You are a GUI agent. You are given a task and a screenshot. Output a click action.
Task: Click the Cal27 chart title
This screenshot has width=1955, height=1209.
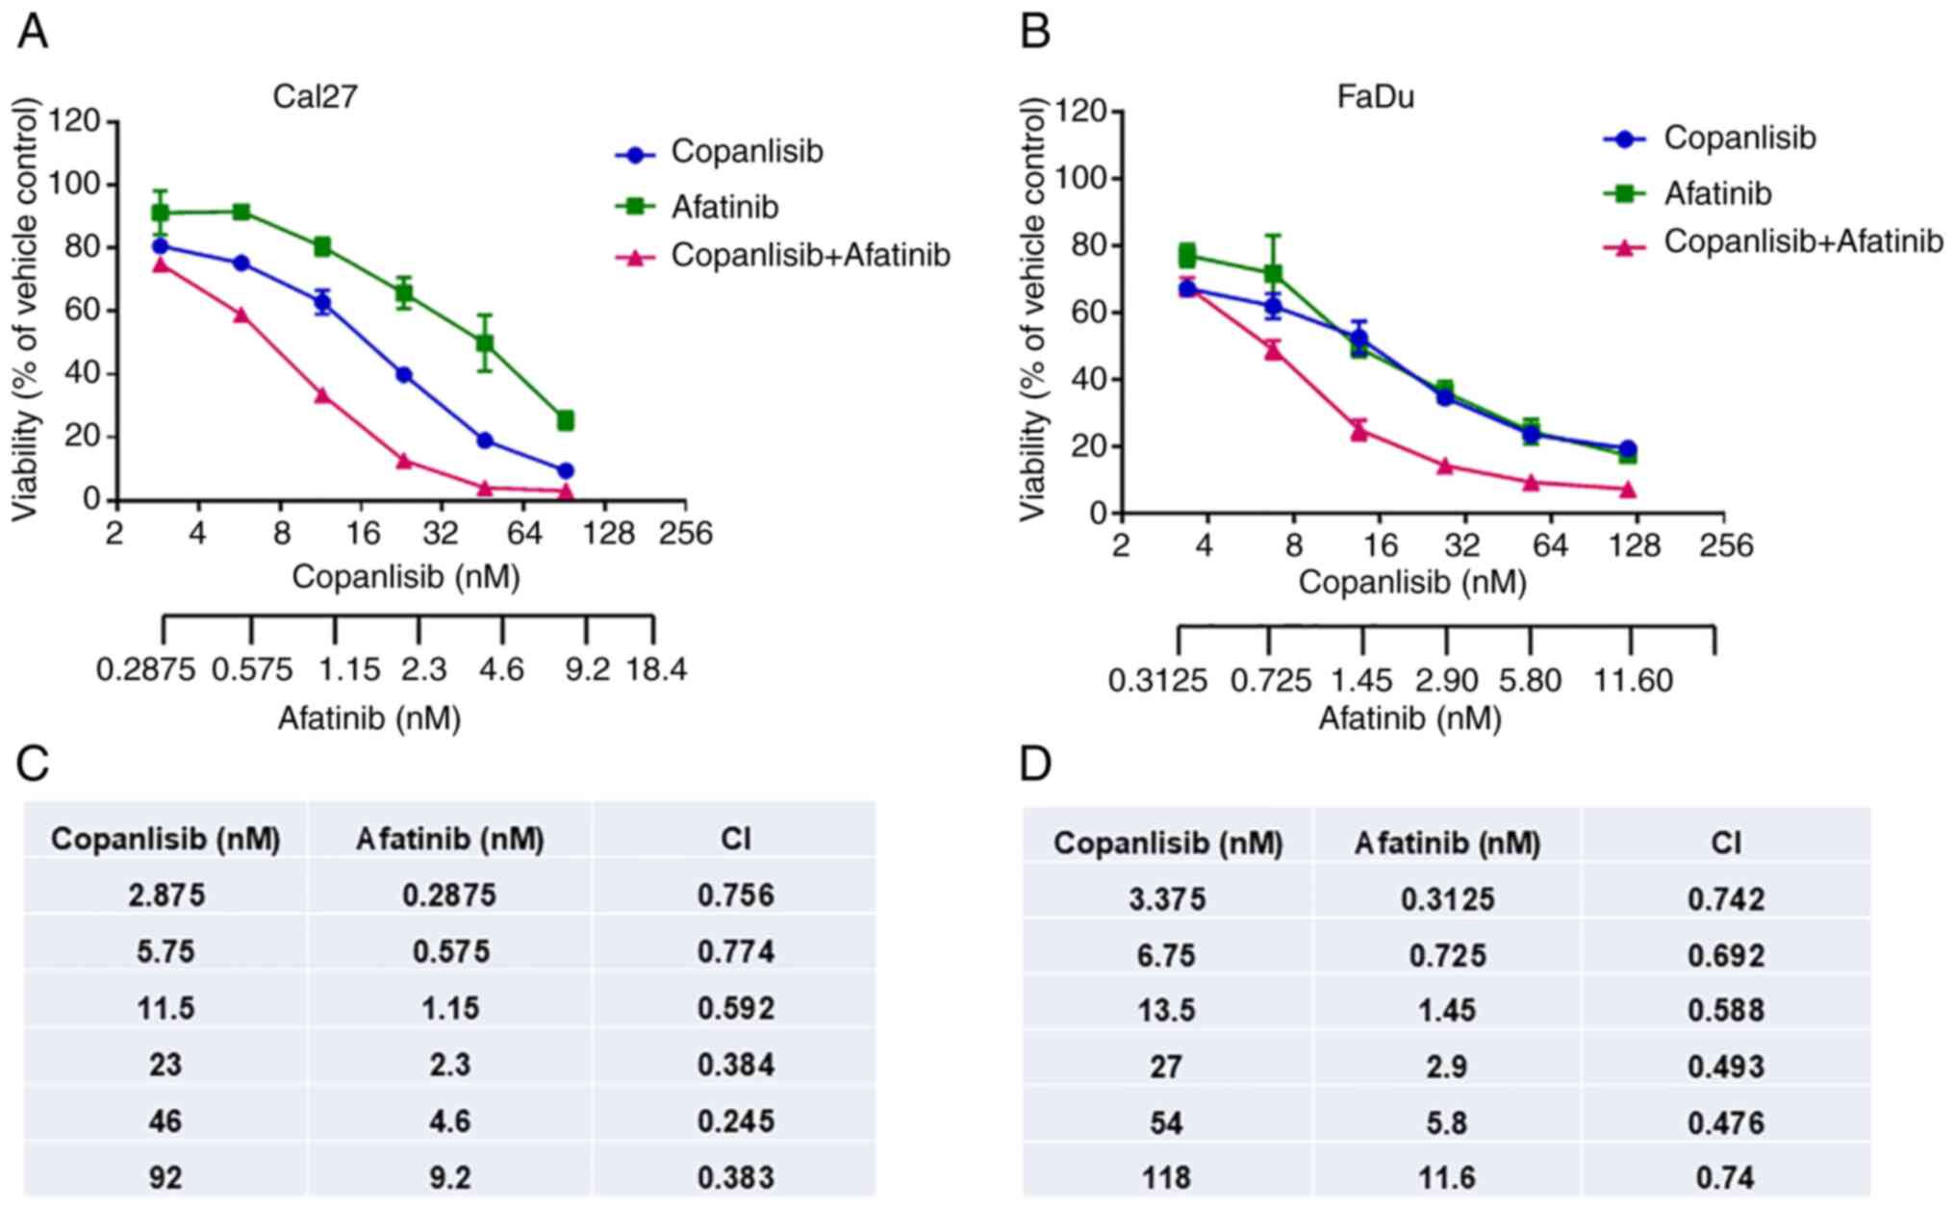pos(315,98)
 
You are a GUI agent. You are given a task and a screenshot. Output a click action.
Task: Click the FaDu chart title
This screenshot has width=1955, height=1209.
pos(1376,98)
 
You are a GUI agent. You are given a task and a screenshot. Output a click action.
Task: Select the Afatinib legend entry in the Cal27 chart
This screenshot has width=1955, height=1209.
pos(724,207)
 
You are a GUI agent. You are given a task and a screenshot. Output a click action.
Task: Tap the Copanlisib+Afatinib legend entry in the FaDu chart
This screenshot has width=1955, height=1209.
pos(1802,241)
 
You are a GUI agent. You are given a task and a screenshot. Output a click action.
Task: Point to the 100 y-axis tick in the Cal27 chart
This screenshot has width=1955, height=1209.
pos(80,184)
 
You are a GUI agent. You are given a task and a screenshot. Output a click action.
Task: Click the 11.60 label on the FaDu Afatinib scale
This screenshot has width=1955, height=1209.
pos(1633,681)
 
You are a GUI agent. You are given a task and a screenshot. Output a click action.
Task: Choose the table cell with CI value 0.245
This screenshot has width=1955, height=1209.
pos(736,1121)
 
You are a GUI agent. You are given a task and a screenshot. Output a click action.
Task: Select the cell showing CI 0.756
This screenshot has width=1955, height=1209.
pos(736,895)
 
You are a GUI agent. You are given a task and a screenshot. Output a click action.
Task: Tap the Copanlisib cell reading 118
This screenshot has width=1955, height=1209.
pos(1166,1177)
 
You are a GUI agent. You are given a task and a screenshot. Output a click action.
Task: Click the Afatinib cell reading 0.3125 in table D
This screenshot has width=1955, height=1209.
pos(1447,899)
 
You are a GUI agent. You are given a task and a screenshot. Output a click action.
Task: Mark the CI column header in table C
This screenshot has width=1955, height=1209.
pos(736,840)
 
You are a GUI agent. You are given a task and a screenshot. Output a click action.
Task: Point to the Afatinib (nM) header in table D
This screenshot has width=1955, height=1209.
pos(1447,844)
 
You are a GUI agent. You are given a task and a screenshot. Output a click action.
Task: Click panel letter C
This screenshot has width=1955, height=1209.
pos(34,765)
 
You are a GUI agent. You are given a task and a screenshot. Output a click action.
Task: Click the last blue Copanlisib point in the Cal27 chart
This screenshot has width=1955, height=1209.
pos(566,470)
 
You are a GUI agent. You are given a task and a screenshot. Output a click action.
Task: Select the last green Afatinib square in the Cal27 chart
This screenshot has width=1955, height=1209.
pos(566,420)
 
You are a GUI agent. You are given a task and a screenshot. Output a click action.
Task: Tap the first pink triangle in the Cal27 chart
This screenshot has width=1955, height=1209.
pos(161,264)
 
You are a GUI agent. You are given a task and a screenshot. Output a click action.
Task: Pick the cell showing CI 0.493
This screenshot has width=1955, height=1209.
pos(1726,1067)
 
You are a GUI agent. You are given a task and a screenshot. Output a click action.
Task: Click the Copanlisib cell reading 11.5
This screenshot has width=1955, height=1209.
pos(165,1008)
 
